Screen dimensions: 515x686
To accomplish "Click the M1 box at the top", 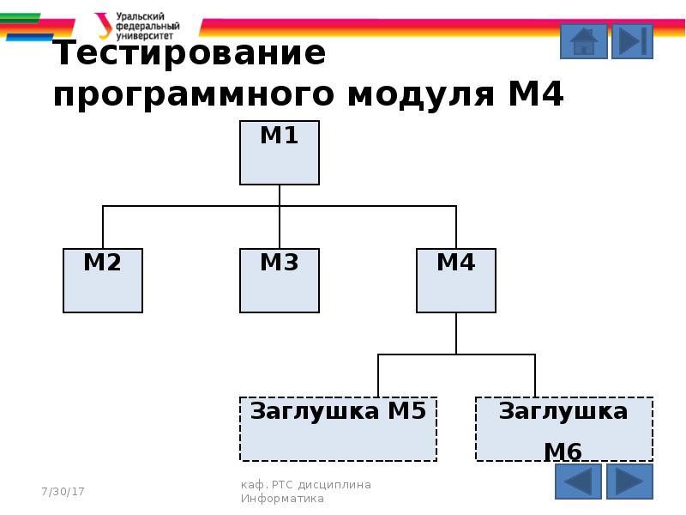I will click(280, 153).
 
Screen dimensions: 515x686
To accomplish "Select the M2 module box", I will click(103, 281).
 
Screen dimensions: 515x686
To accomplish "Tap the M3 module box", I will click(280, 281).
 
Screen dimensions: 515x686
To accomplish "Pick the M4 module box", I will click(456, 281).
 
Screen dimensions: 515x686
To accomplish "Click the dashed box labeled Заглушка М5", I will click(339, 429).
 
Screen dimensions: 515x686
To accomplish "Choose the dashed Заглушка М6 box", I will click(564, 429).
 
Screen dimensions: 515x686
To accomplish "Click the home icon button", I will click(584, 41).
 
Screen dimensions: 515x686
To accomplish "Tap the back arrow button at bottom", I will click(579, 482).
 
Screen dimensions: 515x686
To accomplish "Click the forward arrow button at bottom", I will click(630, 482).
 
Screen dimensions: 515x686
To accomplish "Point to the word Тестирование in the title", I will click(190, 54).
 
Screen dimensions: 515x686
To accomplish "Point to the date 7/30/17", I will click(63, 491).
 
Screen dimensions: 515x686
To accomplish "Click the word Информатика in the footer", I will click(282, 498).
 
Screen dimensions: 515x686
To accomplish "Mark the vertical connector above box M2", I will click(103, 227).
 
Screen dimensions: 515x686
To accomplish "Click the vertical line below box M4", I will click(456, 333).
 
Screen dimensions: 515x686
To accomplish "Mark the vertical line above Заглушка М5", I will click(378, 375).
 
